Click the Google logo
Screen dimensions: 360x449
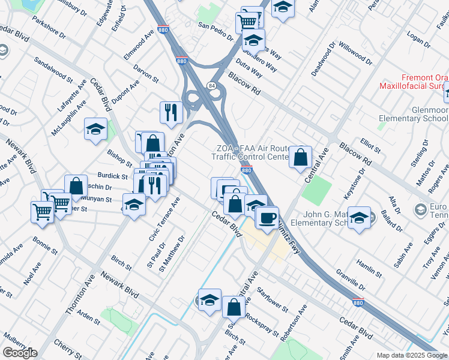tap(19, 353)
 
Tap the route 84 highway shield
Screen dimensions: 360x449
tap(211, 86)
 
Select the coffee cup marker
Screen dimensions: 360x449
tap(267, 217)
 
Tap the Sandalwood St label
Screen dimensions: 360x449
tap(53, 70)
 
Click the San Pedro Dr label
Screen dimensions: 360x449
tap(216, 30)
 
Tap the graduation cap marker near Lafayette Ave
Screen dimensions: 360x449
tap(95, 129)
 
